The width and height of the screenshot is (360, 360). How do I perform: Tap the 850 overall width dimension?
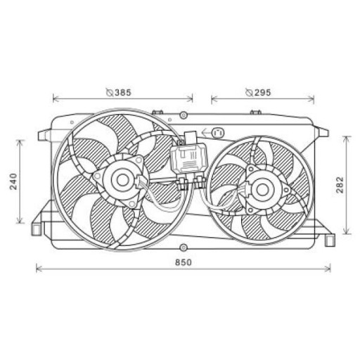(x=184, y=262)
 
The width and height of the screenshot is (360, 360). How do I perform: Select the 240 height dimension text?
(x=14, y=181)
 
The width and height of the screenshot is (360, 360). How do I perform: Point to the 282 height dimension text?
(x=340, y=185)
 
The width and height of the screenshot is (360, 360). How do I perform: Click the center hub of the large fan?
(x=122, y=180)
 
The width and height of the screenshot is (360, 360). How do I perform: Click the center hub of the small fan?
(x=262, y=189)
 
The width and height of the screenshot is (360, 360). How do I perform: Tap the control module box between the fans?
(x=189, y=159)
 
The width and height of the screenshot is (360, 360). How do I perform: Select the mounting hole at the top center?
(x=184, y=115)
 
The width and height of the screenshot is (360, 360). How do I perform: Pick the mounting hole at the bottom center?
(x=184, y=247)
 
